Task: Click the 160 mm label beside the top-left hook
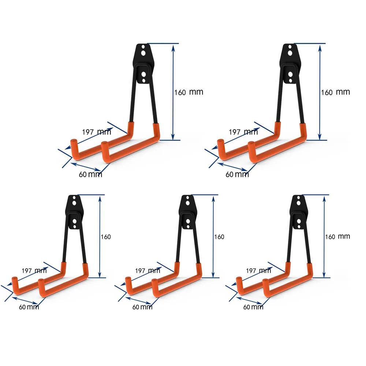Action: click(x=188, y=92)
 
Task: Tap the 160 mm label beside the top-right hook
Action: click(x=335, y=92)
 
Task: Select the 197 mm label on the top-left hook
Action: click(x=96, y=132)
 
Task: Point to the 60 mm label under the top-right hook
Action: click(x=237, y=175)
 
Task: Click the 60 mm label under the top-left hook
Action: click(x=90, y=175)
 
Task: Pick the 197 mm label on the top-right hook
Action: click(x=243, y=132)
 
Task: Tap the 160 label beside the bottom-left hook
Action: click(x=105, y=237)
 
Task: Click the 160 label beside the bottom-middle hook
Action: click(x=219, y=237)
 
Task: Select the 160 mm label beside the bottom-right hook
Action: click(x=337, y=237)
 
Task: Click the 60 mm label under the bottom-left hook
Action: click(x=29, y=307)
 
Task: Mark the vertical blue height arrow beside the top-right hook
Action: click(x=320, y=91)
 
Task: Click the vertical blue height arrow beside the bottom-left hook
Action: click(x=99, y=236)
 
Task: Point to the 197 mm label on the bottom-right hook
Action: click(x=258, y=271)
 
